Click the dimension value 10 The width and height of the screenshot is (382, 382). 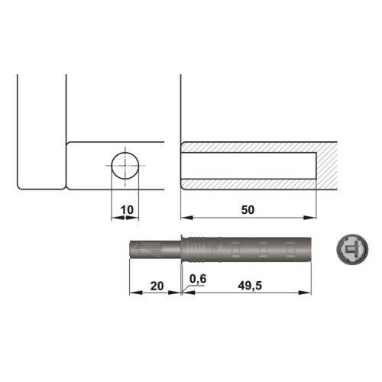click(x=127, y=209)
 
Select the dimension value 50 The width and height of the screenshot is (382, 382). click(x=248, y=209)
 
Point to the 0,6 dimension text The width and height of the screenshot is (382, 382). click(x=198, y=279)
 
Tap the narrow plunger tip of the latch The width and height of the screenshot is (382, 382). click(x=153, y=250)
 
